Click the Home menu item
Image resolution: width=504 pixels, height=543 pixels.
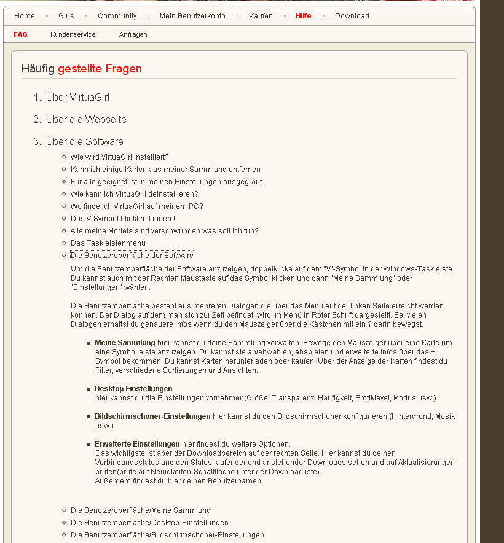[x=25, y=15]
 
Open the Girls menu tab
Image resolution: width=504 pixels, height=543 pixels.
[x=66, y=15]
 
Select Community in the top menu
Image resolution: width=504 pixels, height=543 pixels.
[x=117, y=15]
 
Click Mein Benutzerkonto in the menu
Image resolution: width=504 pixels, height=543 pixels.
[x=192, y=15]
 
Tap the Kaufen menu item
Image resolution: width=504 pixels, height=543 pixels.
[x=261, y=15]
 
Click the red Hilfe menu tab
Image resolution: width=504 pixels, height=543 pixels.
[x=303, y=15]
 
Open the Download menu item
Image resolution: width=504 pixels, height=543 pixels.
[x=352, y=15]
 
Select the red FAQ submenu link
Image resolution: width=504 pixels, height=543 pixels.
[x=20, y=34]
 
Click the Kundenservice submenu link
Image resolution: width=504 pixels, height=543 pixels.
[x=73, y=34]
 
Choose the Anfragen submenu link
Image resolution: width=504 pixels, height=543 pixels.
[x=133, y=34]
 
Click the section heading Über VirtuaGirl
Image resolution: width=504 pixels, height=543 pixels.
[x=77, y=97]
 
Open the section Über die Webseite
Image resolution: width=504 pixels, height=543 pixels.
[x=86, y=119]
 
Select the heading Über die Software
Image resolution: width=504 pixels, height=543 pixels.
[x=84, y=141]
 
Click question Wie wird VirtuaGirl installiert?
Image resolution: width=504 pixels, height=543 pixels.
[x=119, y=157]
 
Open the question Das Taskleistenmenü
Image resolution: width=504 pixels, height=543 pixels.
[x=108, y=243]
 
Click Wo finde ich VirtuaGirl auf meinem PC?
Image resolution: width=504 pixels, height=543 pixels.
[x=136, y=206]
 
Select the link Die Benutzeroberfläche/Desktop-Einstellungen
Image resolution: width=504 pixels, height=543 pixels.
[x=149, y=522]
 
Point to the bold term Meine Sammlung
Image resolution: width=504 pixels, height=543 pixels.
[x=125, y=342]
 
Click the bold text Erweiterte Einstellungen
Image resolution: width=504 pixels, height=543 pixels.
[x=137, y=443]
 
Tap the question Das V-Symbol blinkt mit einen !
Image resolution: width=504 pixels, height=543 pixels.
[x=123, y=218]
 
